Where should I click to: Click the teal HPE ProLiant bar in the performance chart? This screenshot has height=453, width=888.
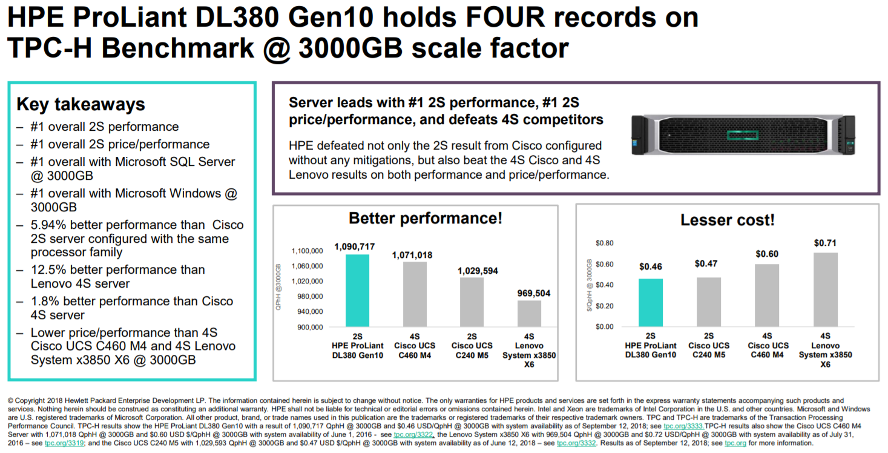357,290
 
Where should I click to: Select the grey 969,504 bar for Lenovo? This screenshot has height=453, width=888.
529,313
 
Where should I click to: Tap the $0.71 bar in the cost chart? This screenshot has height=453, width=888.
825,289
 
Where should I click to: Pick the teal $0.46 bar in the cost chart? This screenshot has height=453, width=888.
651,302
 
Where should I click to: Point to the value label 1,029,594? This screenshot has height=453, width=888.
478,271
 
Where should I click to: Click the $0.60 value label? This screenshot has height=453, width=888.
767,254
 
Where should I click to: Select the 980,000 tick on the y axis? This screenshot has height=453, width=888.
307,296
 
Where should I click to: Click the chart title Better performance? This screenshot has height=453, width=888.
426,219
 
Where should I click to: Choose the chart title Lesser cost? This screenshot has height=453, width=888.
727,220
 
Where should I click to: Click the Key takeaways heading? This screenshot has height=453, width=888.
81,104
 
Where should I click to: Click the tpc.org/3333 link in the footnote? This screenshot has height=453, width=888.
683,426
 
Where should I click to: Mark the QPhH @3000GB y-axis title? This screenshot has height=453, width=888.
279,287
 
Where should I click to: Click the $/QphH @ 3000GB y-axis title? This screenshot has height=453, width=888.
588,286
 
